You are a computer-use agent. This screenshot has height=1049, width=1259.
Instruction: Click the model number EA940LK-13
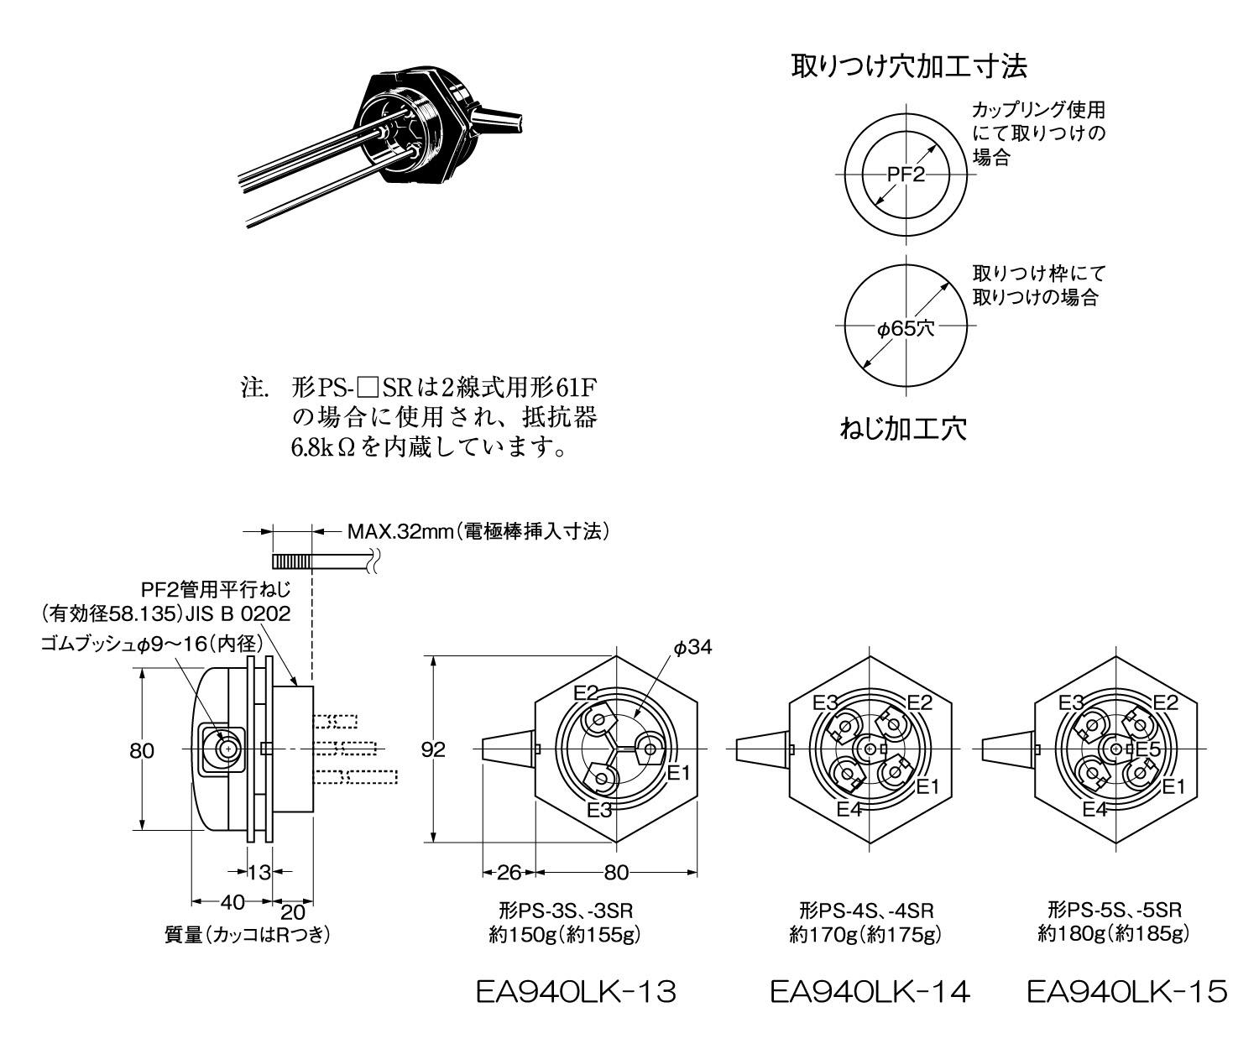pos(575,993)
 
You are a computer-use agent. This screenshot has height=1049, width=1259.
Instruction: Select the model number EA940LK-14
pos(870,993)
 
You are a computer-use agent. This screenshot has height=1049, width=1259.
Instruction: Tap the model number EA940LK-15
pos(1126,993)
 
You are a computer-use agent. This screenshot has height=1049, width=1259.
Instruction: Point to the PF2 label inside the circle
pos(906,175)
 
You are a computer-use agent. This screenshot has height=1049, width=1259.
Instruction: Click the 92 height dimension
pos(433,749)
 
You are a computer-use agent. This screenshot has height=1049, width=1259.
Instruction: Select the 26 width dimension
pos(509,872)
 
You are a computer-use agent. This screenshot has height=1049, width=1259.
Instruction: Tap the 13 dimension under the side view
pos(259,872)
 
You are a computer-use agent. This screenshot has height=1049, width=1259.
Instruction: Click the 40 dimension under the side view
pos(232,902)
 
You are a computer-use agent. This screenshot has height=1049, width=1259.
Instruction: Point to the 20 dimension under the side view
pos(292,912)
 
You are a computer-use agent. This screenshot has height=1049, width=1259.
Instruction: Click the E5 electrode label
pos(1147,749)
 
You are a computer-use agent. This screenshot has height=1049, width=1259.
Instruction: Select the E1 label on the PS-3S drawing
pos(678,771)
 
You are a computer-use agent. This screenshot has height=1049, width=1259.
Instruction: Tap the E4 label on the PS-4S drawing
pos(849,809)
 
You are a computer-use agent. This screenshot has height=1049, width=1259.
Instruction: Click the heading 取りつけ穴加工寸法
pos(909,65)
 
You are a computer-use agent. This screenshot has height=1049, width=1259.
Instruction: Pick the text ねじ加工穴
pos(903,429)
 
